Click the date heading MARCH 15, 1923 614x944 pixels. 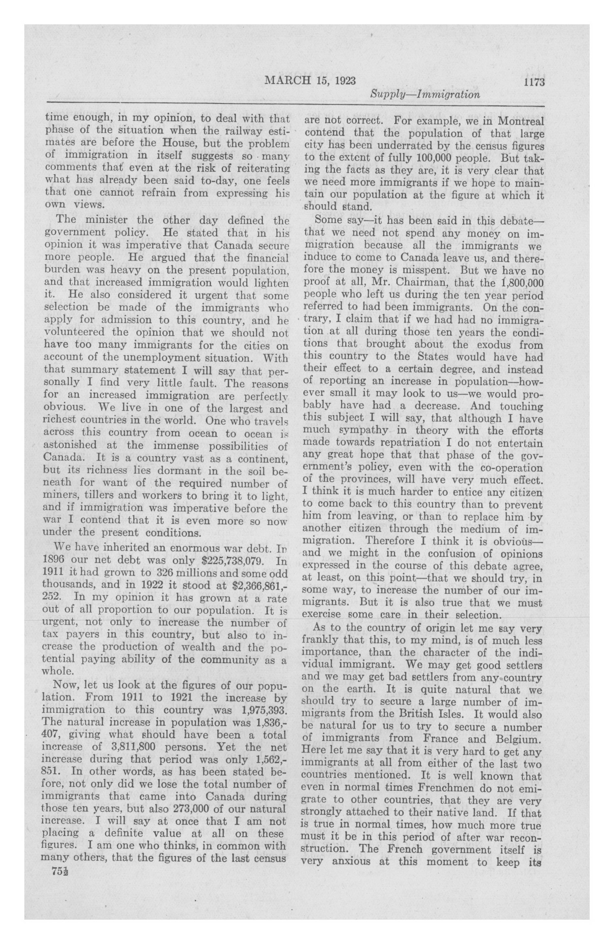(x=310, y=81)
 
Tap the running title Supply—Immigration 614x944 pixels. (x=425, y=95)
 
